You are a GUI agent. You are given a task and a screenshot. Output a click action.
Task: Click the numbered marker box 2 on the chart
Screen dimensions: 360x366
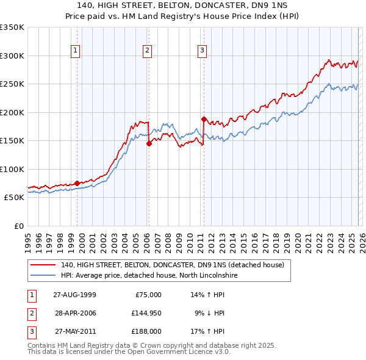[x=148, y=51]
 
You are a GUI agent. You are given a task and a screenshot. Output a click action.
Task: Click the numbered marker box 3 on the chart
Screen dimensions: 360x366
[x=202, y=51]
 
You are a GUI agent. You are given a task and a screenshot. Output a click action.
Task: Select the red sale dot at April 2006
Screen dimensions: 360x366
[x=149, y=144]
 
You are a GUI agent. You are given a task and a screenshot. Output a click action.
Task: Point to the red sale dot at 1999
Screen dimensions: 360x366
[x=77, y=183]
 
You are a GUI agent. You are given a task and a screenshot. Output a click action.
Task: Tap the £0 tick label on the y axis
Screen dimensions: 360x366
[x=17, y=226]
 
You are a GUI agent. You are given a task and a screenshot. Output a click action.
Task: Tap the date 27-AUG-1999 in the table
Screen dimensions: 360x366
[x=74, y=294]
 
